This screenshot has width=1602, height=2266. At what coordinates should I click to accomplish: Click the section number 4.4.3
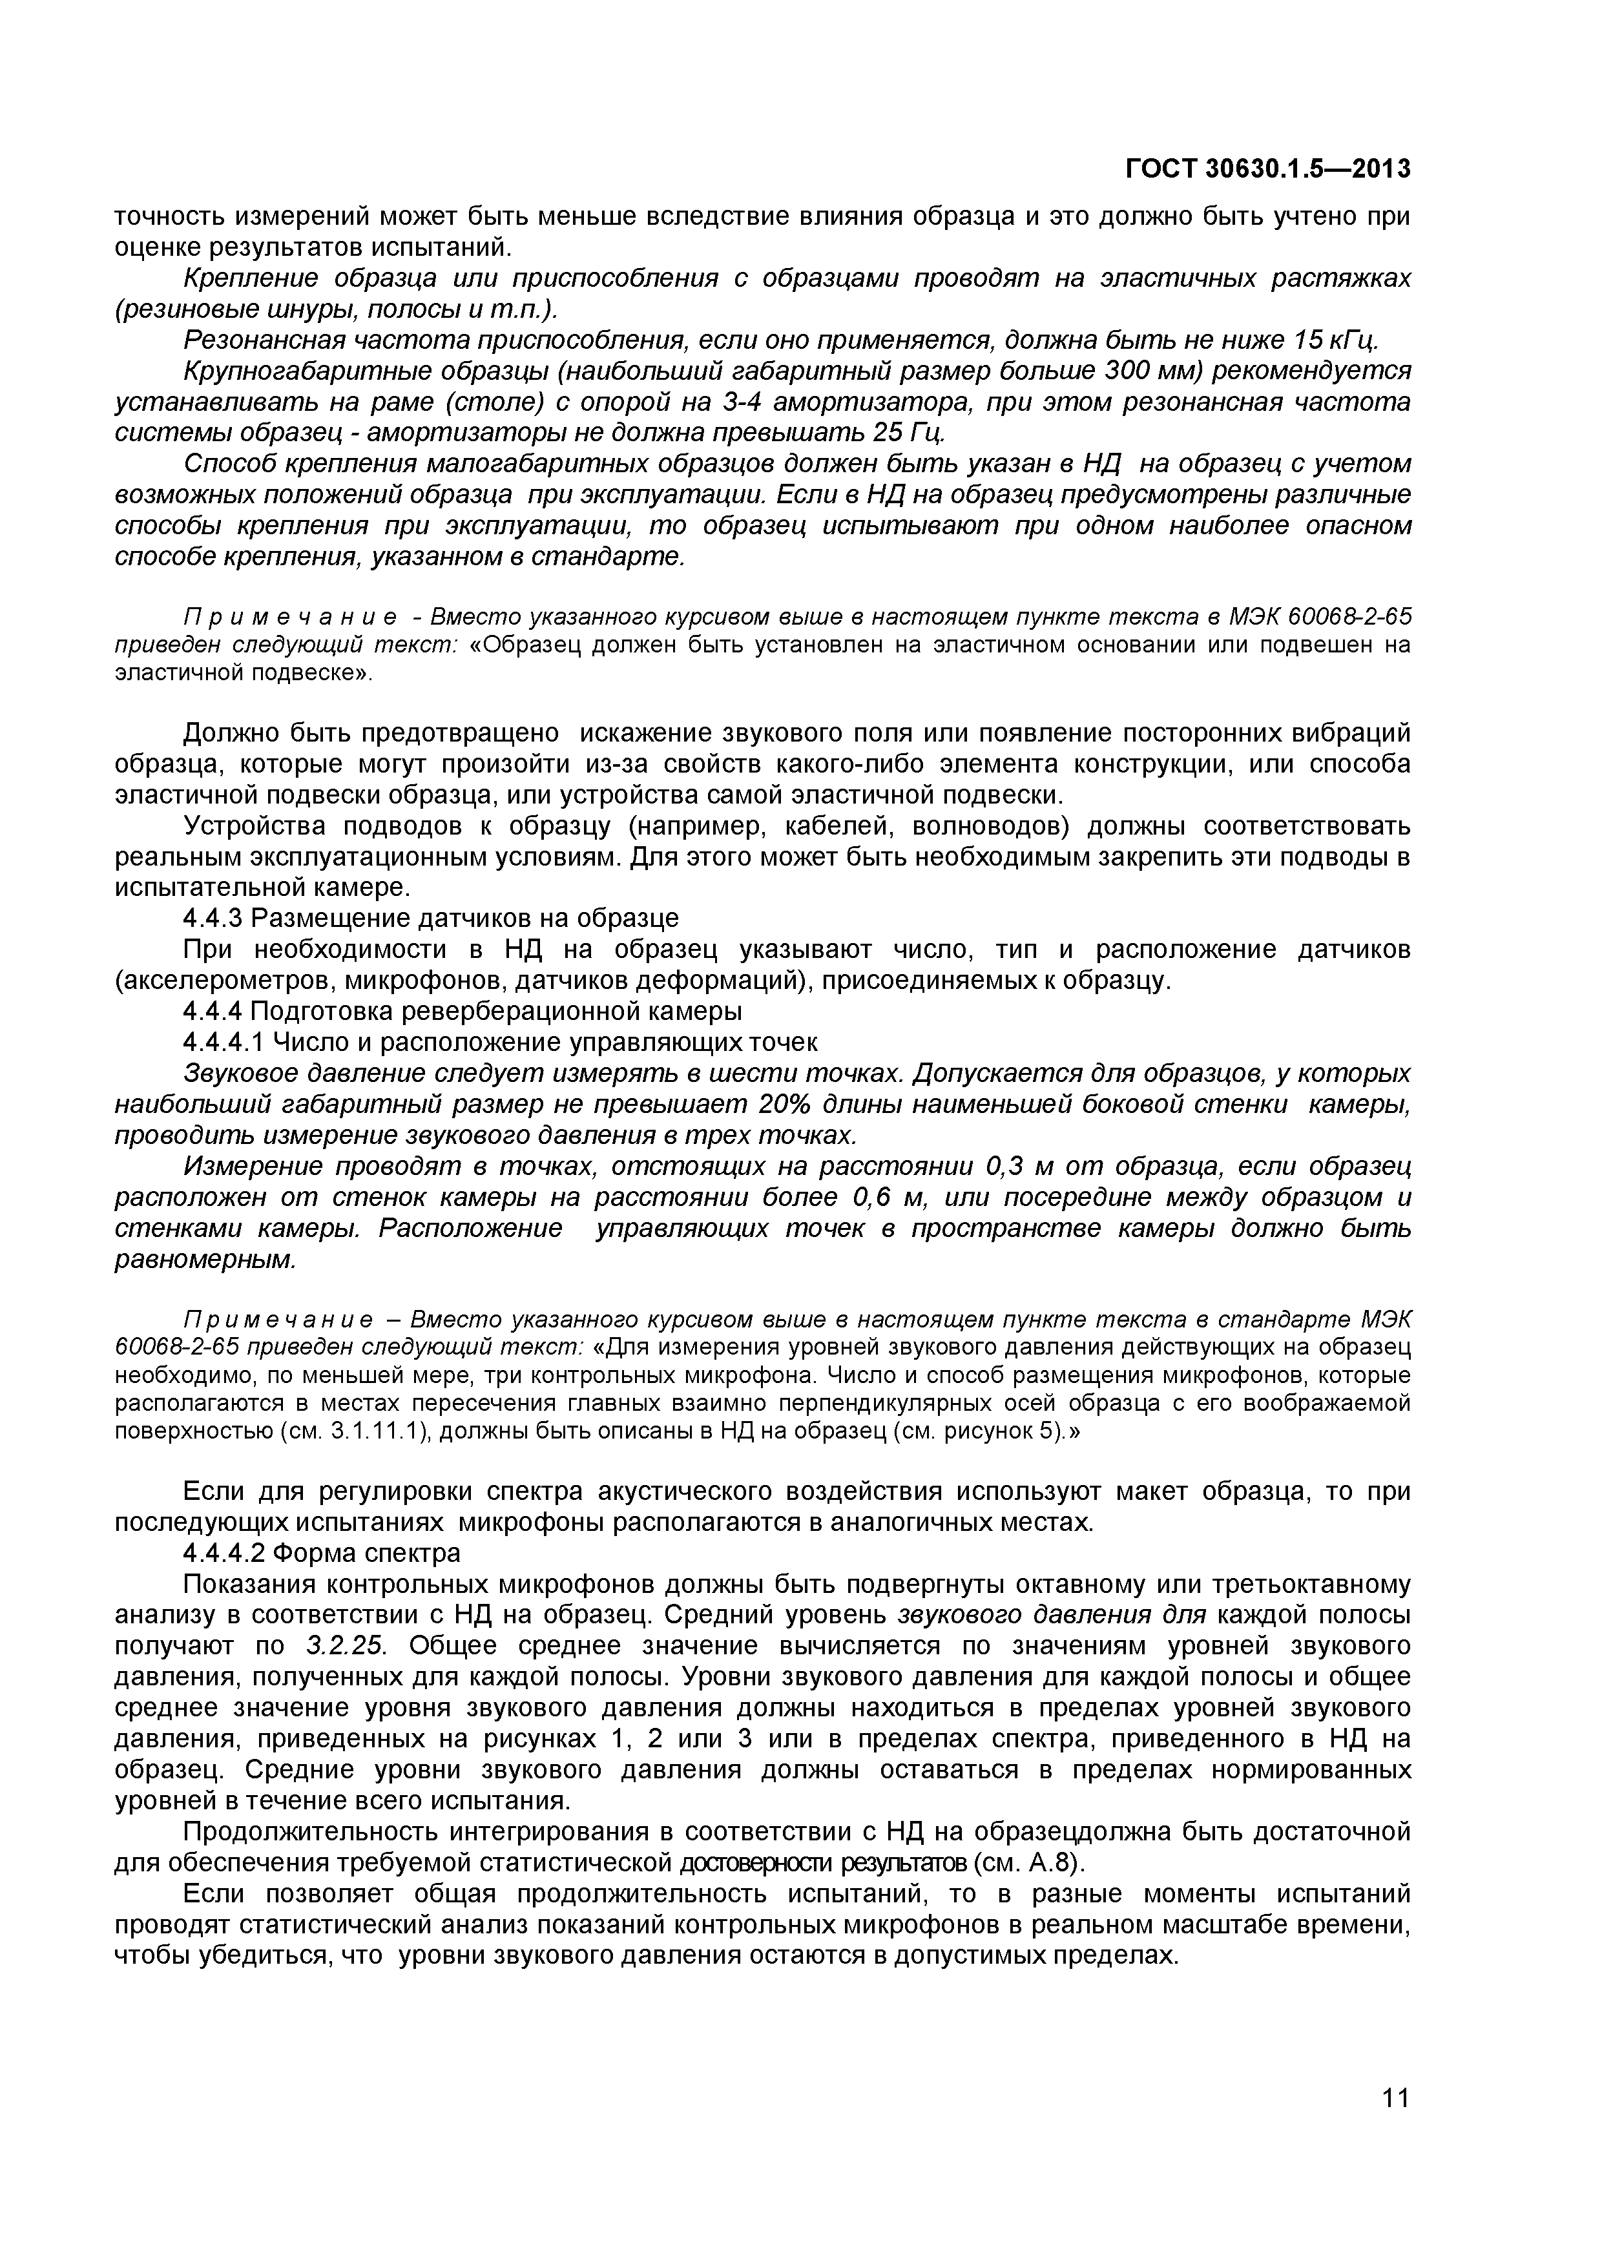coord(213,919)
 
